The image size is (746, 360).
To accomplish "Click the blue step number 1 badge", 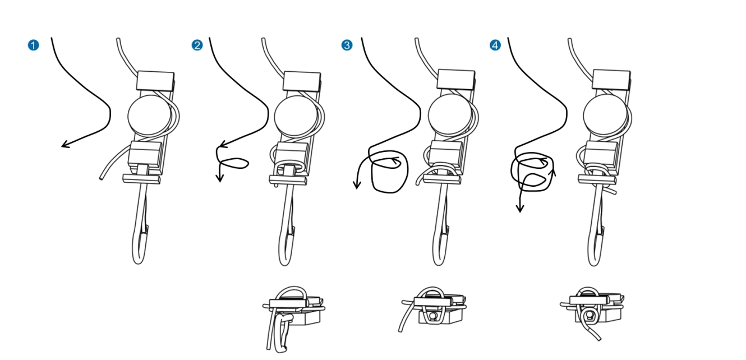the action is click(33, 45).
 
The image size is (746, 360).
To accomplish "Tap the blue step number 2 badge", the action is click(197, 45).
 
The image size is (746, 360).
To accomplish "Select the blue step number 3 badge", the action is click(347, 45).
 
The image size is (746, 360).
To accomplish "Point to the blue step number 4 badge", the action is click(495, 45).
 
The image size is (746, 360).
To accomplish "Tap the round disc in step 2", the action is click(296, 116).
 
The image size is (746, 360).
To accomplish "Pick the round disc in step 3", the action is click(450, 114).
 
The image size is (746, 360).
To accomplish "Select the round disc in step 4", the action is click(605, 114).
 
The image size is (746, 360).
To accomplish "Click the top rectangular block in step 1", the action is click(155, 81).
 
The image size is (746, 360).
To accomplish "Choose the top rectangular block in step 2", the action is click(302, 81).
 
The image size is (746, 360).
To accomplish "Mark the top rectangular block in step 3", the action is click(456, 80).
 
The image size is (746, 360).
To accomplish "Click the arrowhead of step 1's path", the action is click(65, 144).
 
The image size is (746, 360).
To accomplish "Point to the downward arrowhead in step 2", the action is click(220, 178).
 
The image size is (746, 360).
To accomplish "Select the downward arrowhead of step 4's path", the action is click(520, 209).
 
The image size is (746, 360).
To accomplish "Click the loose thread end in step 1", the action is click(101, 179).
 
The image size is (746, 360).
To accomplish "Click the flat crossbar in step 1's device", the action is click(141, 179).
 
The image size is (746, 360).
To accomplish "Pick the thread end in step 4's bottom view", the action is click(599, 339).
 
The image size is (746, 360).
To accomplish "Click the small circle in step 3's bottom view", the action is click(433, 316).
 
